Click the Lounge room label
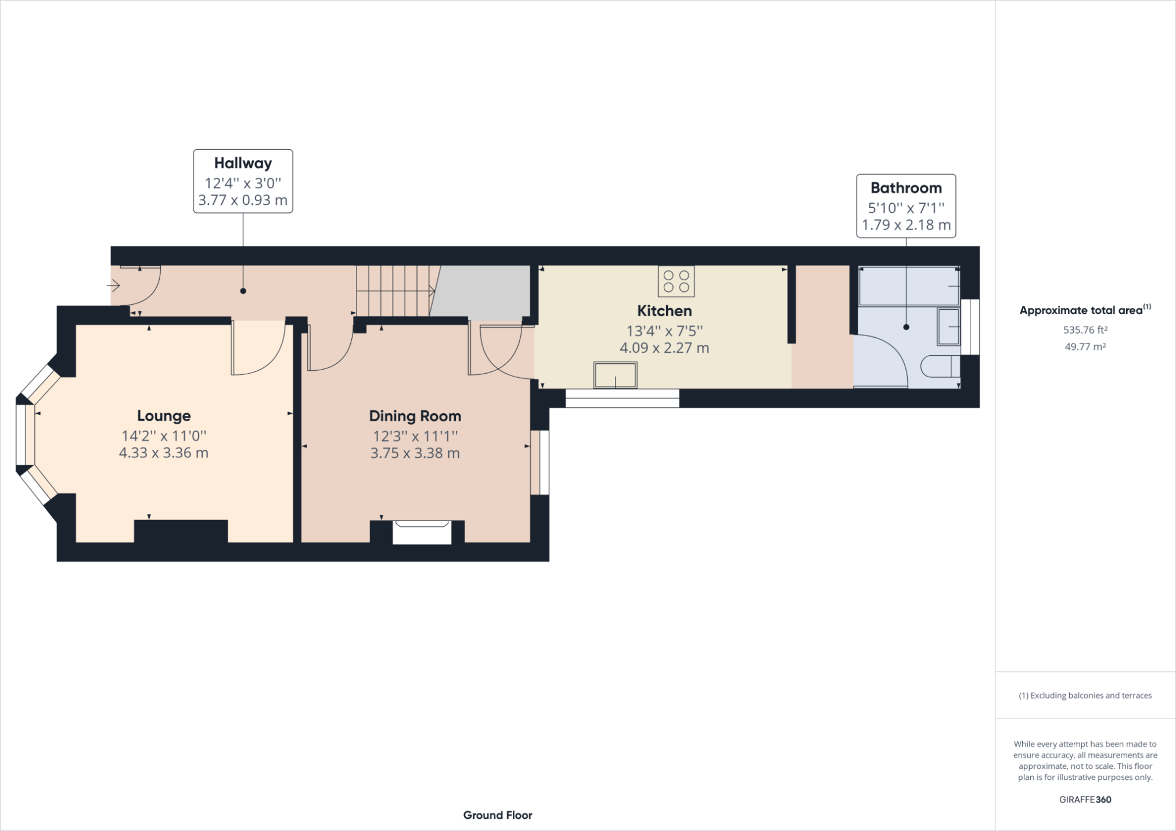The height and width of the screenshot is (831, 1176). [164, 416]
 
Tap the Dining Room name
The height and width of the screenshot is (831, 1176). [415, 416]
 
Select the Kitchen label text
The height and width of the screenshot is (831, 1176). [664, 310]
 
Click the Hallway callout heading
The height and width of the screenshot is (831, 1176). [243, 163]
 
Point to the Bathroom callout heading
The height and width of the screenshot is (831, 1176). [906, 188]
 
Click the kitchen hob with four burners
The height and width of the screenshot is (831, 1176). [677, 281]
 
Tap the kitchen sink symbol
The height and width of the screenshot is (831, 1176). [615, 375]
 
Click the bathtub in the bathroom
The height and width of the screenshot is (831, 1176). [909, 286]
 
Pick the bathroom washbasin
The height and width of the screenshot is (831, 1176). [948, 327]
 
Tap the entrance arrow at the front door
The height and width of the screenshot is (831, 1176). [113, 286]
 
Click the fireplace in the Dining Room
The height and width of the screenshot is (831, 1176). [422, 532]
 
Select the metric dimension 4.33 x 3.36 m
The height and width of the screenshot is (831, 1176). [164, 453]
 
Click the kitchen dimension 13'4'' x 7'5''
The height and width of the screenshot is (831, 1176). [664, 331]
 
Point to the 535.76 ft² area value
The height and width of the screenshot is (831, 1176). [1085, 330]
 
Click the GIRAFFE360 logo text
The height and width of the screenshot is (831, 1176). [1085, 799]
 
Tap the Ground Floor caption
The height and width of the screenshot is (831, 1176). [498, 815]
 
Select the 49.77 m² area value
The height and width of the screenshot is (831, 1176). [1085, 346]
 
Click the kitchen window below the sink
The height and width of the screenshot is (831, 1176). [623, 398]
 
